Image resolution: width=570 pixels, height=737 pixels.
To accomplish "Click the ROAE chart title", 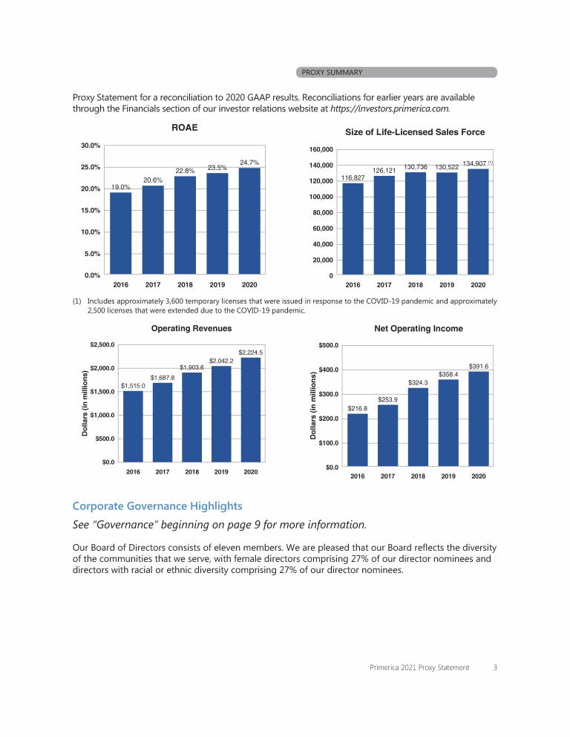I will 184,128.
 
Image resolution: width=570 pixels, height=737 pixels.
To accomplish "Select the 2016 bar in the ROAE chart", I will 121,233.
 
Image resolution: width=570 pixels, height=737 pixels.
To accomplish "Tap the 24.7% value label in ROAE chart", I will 249,162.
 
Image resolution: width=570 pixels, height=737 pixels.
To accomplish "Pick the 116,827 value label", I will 353,178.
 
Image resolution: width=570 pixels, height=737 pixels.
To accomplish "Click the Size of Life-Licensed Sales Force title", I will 415,132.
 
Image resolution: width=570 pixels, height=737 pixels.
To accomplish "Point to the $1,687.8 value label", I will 163,378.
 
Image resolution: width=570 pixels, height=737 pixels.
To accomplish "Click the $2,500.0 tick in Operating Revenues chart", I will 102,344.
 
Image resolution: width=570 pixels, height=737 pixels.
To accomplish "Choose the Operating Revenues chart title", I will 191,328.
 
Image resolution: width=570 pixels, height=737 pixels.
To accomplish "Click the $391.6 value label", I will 479,366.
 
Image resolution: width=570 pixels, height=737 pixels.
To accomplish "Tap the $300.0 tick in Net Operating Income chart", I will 329,394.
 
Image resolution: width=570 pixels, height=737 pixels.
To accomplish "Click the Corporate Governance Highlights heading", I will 157,506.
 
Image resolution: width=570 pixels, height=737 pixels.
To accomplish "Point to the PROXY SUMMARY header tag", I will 332,72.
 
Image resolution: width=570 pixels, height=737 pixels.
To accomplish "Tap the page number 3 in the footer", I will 495,667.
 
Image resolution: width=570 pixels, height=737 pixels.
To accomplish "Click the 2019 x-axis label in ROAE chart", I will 217,284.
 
